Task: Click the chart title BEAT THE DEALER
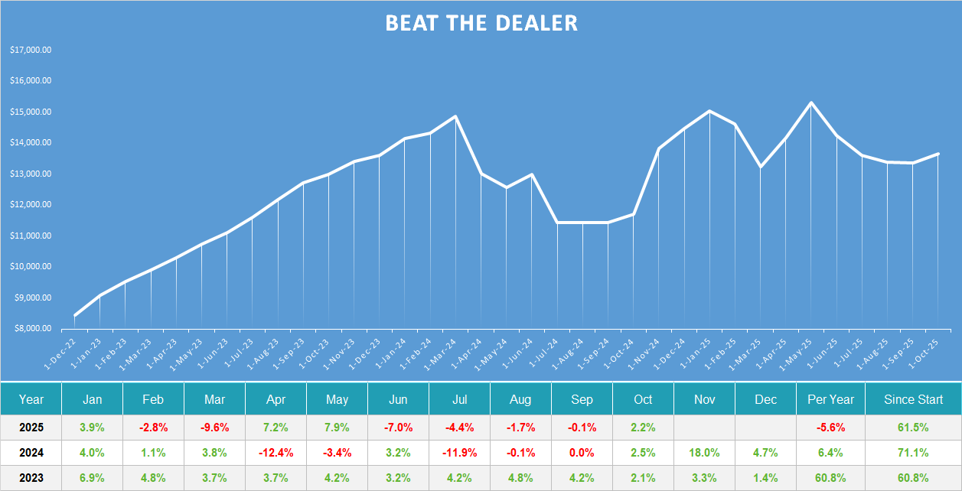coord(481,23)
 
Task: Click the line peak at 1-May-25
coord(811,102)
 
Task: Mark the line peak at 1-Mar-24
coord(455,117)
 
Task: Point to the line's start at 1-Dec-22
coord(74,315)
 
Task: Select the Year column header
coord(31,399)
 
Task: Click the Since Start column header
coord(913,399)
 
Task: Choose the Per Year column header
coord(830,399)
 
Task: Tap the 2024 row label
coord(31,452)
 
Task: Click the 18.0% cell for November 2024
coord(704,452)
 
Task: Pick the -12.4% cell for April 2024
coord(276,452)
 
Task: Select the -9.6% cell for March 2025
coord(214,426)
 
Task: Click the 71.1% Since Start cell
coord(913,452)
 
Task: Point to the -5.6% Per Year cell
coord(830,426)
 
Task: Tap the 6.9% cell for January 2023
coord(92,478)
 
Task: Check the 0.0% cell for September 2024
coord(582,452)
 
